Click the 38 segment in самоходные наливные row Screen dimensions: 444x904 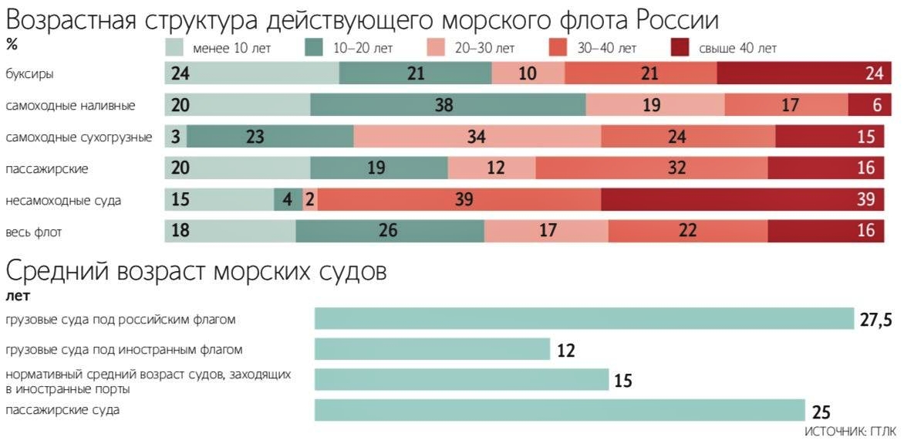tap(447, 105)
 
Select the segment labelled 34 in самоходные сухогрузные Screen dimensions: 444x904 tap(477, 137)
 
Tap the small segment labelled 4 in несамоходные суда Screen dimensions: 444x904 tap(287, 200)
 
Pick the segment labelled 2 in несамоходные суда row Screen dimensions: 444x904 tap(309, 200)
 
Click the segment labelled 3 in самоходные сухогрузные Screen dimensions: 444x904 tap(176, 137)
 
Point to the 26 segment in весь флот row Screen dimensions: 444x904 tap(390, 231)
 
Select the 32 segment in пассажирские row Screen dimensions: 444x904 tap(652, 168)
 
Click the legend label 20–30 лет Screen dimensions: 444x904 tap(484, 49)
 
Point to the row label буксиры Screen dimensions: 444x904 tap(25, 73)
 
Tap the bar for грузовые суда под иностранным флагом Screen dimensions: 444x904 tap(432, 350)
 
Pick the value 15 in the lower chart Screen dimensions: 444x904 tap(622, 381)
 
